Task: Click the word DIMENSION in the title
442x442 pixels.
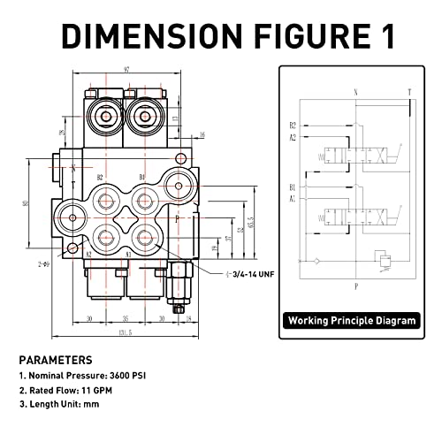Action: pyautogui.click(x=141, y=34)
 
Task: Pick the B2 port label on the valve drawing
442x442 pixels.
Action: pyautogui.click(x=100, y=177)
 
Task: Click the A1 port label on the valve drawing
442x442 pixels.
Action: pyautogui.click(x=129, y=254)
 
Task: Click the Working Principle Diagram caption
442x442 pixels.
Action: pyautogui.click(x=351, y=321)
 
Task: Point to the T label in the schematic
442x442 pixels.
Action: pyautogui.click(x=408, y=92)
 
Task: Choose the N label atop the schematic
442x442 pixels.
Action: pyautogui.click(x=354, y=92)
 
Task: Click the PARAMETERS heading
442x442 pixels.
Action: pyautogui.click(x=56, y=361)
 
